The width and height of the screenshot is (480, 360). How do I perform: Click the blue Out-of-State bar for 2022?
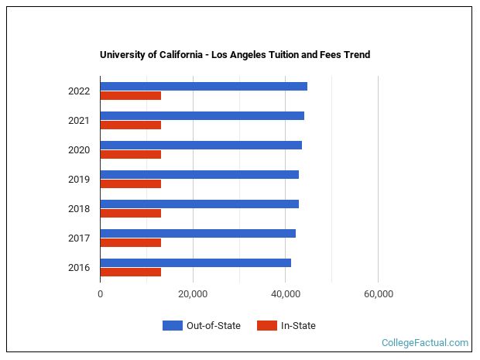click(204, 86)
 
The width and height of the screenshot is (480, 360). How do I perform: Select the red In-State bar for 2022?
click(130, 96)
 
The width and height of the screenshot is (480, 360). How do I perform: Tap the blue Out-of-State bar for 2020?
click(201, 145)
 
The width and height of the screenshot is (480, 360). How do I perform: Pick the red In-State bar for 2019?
click(130, 184)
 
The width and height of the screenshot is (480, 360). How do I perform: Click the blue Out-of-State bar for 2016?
click(195, 262)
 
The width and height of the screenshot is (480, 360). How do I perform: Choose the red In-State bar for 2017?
click(130, 243)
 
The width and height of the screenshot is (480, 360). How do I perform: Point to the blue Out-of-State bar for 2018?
click(199, 204)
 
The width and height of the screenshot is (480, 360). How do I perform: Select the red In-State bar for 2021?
click(130, 125)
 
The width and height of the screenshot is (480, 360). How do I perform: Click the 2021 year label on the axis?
click(79, 121)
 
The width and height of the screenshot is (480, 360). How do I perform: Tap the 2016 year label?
click(79, 268)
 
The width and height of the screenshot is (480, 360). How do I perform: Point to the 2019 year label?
click(79, 180)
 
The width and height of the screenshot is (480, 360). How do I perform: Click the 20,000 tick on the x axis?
click(193, 294)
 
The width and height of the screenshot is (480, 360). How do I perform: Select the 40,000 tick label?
click(286, 294)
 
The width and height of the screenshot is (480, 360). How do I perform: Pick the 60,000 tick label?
click(378, 294)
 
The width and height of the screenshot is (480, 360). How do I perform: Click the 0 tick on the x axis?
click(100, 294)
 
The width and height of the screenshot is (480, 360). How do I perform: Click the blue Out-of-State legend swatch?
click(172, 326)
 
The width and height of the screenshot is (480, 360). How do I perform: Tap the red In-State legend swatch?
click(266, 326)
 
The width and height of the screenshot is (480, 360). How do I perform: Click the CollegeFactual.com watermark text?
click(425, 342)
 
